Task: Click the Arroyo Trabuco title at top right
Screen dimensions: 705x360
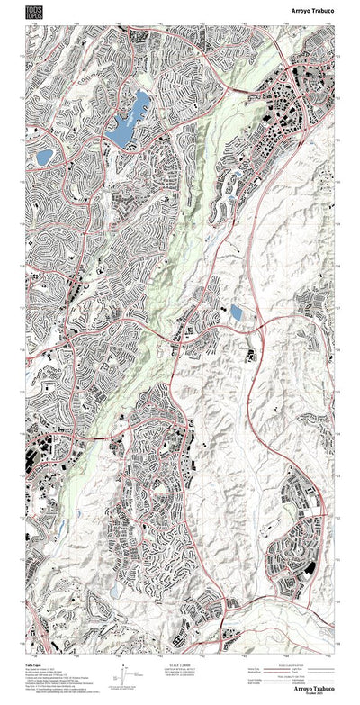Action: pos(313,10)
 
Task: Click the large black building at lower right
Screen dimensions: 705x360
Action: pos(310,569)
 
